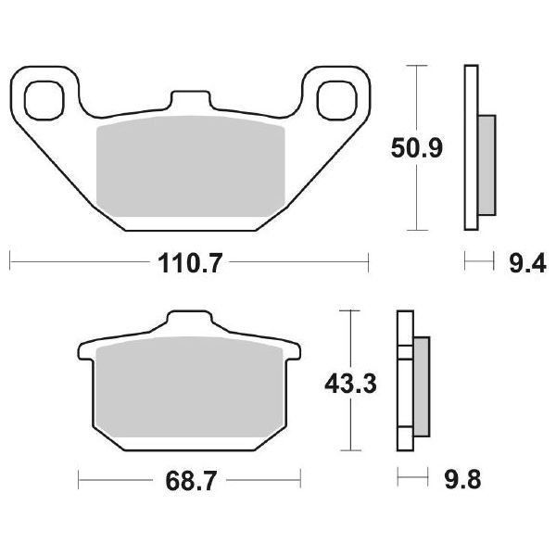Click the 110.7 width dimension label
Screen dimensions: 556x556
tap(190, 265)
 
